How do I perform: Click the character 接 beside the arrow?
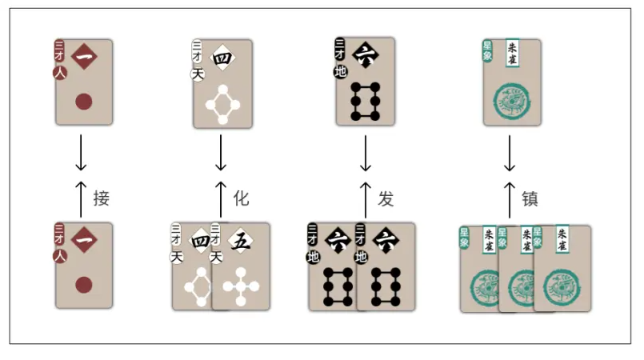101,198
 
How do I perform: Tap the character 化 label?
242,198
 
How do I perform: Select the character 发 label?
386,198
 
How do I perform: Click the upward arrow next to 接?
81,198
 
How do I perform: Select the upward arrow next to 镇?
510,198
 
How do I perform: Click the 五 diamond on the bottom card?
238,240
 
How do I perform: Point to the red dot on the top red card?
83,102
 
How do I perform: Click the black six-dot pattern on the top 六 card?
365,102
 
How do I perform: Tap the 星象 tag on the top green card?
486,50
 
